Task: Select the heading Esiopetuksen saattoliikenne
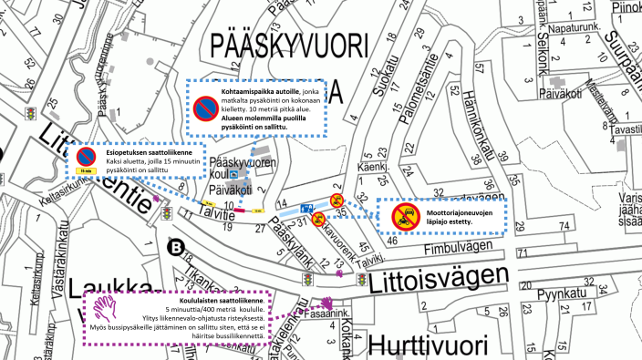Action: click(x=146, y=153)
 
